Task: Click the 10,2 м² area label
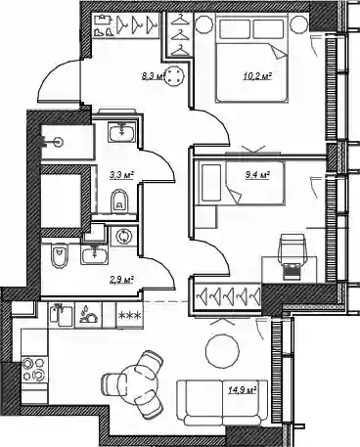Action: click(257, 76)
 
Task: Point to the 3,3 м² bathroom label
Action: click(122, 175)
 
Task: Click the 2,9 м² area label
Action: click(122, 280)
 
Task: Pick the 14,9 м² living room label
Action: click(242, 389)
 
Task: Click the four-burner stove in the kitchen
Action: click(34, 370)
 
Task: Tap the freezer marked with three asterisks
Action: click(130, 315)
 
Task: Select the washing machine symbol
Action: click(124, 236)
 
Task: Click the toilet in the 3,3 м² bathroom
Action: click(120, 201)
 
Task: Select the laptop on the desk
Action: click(292, 272)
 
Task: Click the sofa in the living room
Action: click(223, 403)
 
